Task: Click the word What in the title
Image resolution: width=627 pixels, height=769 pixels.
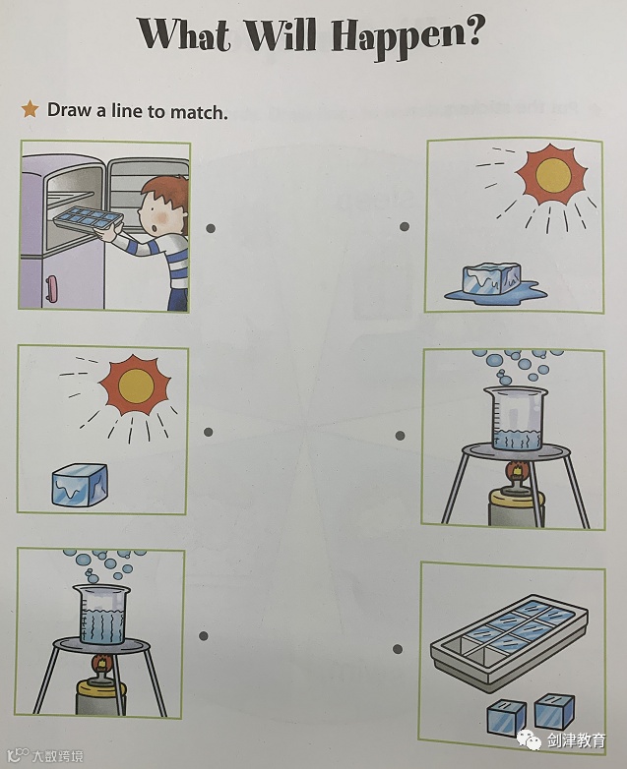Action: [x=185, y=33]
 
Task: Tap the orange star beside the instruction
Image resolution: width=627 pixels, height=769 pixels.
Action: [x=30, y=109]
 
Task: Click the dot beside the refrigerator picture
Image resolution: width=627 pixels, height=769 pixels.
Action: [x=211, y=228]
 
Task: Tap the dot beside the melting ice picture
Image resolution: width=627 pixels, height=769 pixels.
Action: [x=405, y=226]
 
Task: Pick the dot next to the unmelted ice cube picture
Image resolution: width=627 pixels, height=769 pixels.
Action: [x=209, y=432]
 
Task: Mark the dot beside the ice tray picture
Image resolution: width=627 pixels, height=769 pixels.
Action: [x=398, y=649]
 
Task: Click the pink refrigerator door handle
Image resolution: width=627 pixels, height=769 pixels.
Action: [x=51, y=288]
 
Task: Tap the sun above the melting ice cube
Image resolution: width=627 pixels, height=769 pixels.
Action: [x=553, y=175]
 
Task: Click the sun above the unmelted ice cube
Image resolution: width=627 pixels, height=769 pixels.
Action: [x=135, y=385]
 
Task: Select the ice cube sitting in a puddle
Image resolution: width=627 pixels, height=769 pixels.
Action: [x=492, y=279]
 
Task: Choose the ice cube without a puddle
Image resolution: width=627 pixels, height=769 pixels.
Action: [x=80, y=485]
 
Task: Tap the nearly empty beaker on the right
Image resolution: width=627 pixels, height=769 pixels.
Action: [x=516, y=418]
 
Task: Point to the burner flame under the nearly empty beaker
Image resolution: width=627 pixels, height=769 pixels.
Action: [x=517, y=472]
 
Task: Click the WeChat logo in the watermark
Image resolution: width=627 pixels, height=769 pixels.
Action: [x=529, y=739]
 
